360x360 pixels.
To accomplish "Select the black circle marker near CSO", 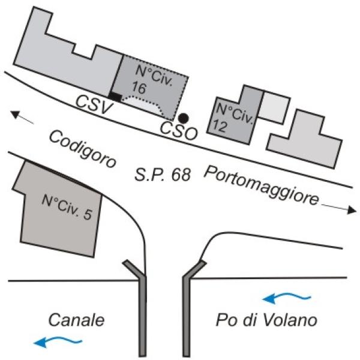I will [x=184, y=118].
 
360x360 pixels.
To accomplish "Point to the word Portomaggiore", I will [x=260, y=187].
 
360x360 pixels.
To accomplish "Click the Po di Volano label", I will [x=265, y=320].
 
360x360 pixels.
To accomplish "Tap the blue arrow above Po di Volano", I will [x=290, y=296].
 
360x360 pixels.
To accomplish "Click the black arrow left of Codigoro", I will [x=22, y=118].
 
